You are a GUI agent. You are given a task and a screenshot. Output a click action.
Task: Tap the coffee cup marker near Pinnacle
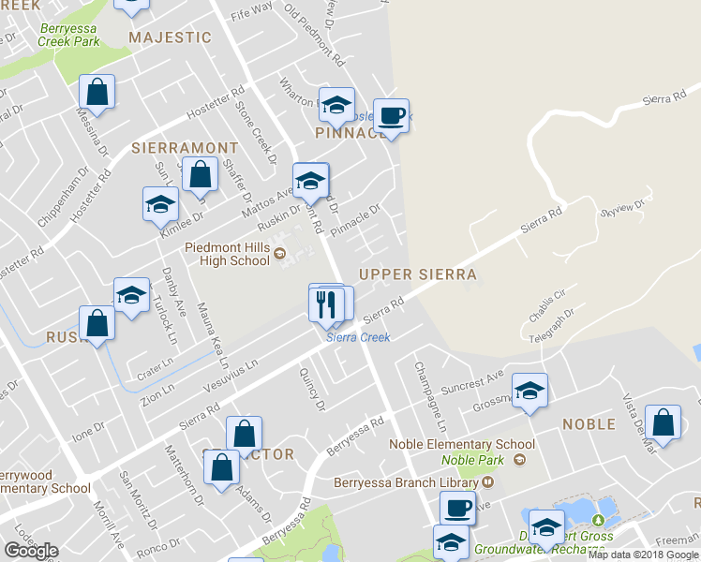point(392,116)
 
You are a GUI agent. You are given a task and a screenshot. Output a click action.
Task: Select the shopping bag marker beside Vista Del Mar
point(663,423)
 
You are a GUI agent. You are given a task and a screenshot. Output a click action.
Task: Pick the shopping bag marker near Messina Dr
point(97,92)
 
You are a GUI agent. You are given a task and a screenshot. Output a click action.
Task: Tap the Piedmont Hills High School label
point(228,254)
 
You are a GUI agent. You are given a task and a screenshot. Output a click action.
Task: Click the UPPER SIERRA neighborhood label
point(418,274)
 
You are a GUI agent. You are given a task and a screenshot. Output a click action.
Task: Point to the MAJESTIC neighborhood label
point(170,37)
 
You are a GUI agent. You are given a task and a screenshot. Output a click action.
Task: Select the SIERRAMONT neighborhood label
point(185,148)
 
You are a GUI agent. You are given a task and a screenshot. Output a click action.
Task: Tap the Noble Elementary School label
point(463,444)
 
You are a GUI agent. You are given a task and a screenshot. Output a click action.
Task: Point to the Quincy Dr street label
point(313,390)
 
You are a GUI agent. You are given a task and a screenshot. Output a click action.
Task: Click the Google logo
point(31,551)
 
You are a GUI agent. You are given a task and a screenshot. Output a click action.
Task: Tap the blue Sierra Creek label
point(357,337)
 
